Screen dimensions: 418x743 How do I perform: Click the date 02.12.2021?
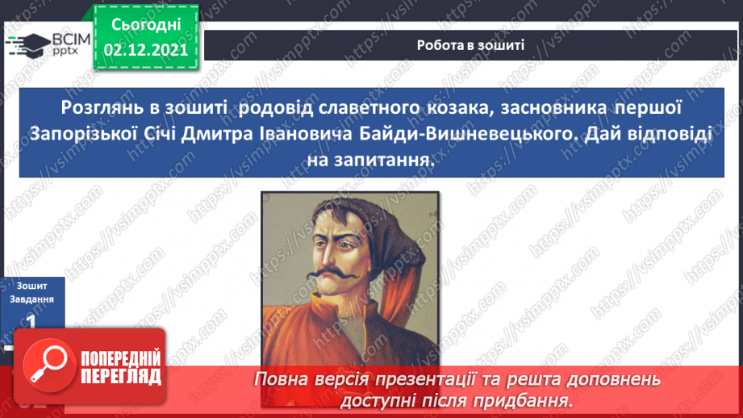pos(146,50)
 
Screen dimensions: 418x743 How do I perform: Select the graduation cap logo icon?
pos(27,44)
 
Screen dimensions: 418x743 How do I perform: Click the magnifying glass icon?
pos(48,368)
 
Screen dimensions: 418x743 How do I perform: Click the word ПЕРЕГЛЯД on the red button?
pos(121,376)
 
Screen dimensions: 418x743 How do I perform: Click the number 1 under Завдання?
pos(31,320)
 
